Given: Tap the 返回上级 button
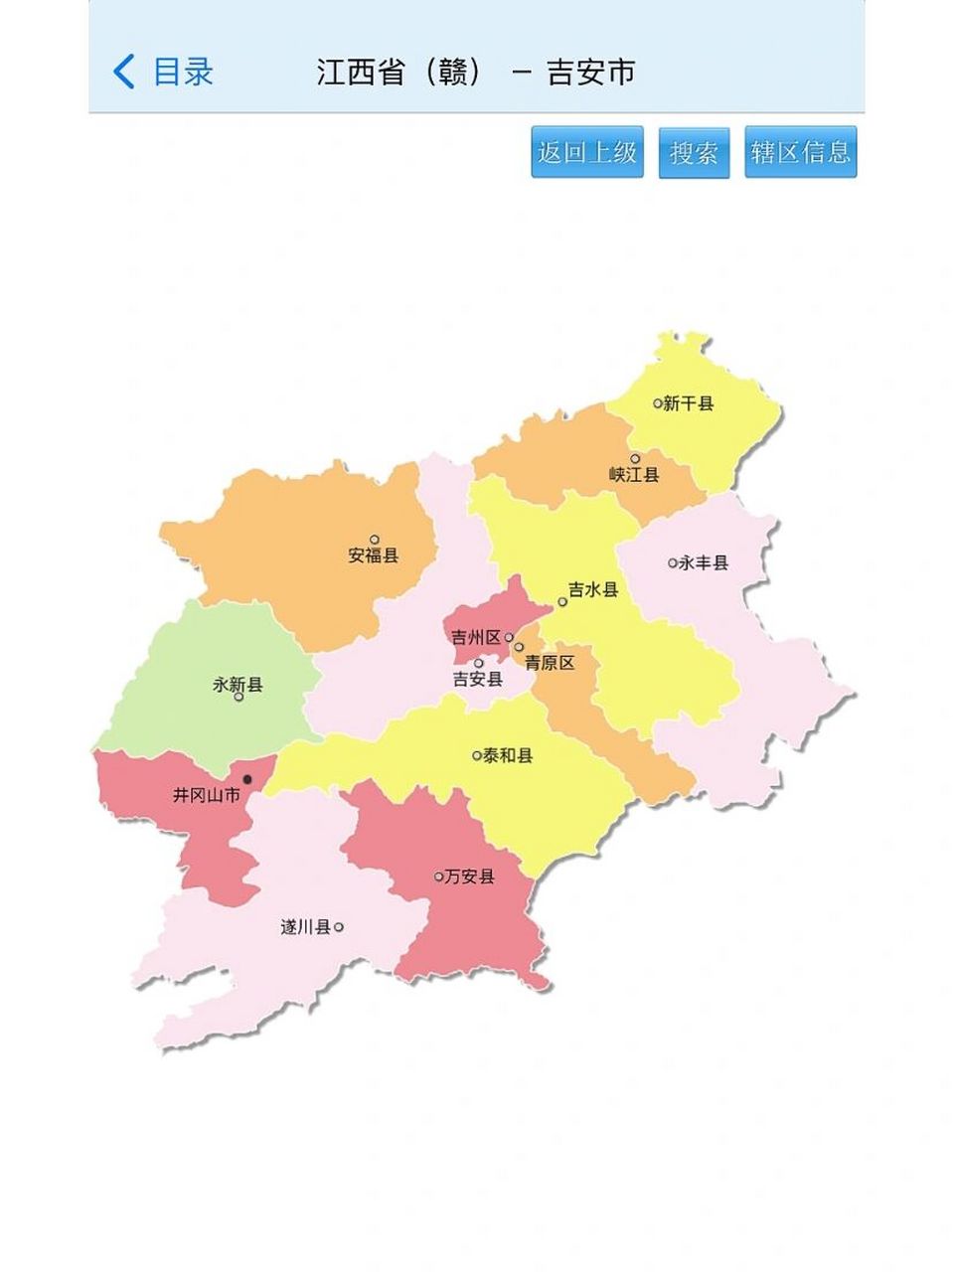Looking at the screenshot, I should (x=587, y=152).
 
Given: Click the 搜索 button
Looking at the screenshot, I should (x=694, y=153).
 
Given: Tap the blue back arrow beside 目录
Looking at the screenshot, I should (x=123, y=72).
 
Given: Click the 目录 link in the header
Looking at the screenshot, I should (x=183, y=72).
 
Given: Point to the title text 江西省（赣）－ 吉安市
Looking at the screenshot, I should (x=476, y=73).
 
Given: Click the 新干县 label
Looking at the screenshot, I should (x=689, y=403).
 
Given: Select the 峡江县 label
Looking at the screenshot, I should (x=634, y=475).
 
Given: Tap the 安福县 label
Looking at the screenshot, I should (x=374, y=556).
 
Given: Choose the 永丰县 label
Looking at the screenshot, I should (x=704, y=562).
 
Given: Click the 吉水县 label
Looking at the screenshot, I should (x=593, y=590).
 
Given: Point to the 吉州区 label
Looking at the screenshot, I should (x=476, y=638).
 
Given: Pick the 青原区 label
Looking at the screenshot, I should (x=550, y=663).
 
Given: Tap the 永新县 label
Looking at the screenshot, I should (x=238, y=685).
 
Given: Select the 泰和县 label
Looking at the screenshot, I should (x=508, y=755).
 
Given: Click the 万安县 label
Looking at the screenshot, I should (x=469, y=876).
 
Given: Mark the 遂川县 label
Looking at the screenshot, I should (x=305, y=927).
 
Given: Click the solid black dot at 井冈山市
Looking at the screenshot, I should (x=247, y=779).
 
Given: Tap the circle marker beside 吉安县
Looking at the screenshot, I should (x=478, y=663).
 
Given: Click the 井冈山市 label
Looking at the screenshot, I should (x=207, y=795).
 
